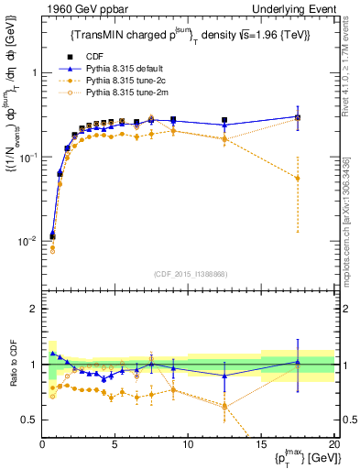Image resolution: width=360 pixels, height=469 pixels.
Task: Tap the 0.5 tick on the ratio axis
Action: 29,420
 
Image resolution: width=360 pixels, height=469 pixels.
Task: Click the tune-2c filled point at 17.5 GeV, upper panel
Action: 297,179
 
